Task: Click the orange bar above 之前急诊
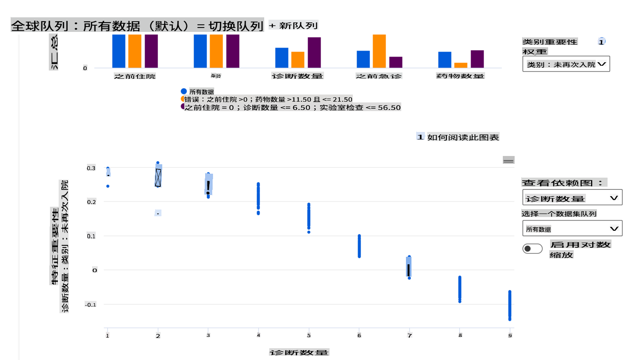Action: tap(379, 51)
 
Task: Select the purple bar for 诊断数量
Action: tap(314, 52)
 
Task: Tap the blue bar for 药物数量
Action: tap(445, 60)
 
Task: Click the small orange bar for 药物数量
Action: tap(461, 65)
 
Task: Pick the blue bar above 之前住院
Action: tap(119, 51)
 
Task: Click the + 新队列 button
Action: tap(293, 26)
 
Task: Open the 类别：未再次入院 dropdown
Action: tap(566, 64)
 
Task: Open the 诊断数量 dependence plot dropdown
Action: tap(572, 198)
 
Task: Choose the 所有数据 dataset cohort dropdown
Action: tap(572, 229)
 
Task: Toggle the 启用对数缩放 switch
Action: tap(532, 249)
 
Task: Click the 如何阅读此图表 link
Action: tap(463, 137)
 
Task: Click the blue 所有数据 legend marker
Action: tap(184, 91)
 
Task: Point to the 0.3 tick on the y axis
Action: tap(91, 168)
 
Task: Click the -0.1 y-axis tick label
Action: tap(91, 304)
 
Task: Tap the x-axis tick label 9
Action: tap(510, 336)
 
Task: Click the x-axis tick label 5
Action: tap(309, 336)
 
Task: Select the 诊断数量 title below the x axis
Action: tap(299, 352)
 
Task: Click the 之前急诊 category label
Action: tap(379, 76)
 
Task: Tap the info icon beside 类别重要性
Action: tap(601, 41)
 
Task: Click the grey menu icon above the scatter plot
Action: tap(508, 160)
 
